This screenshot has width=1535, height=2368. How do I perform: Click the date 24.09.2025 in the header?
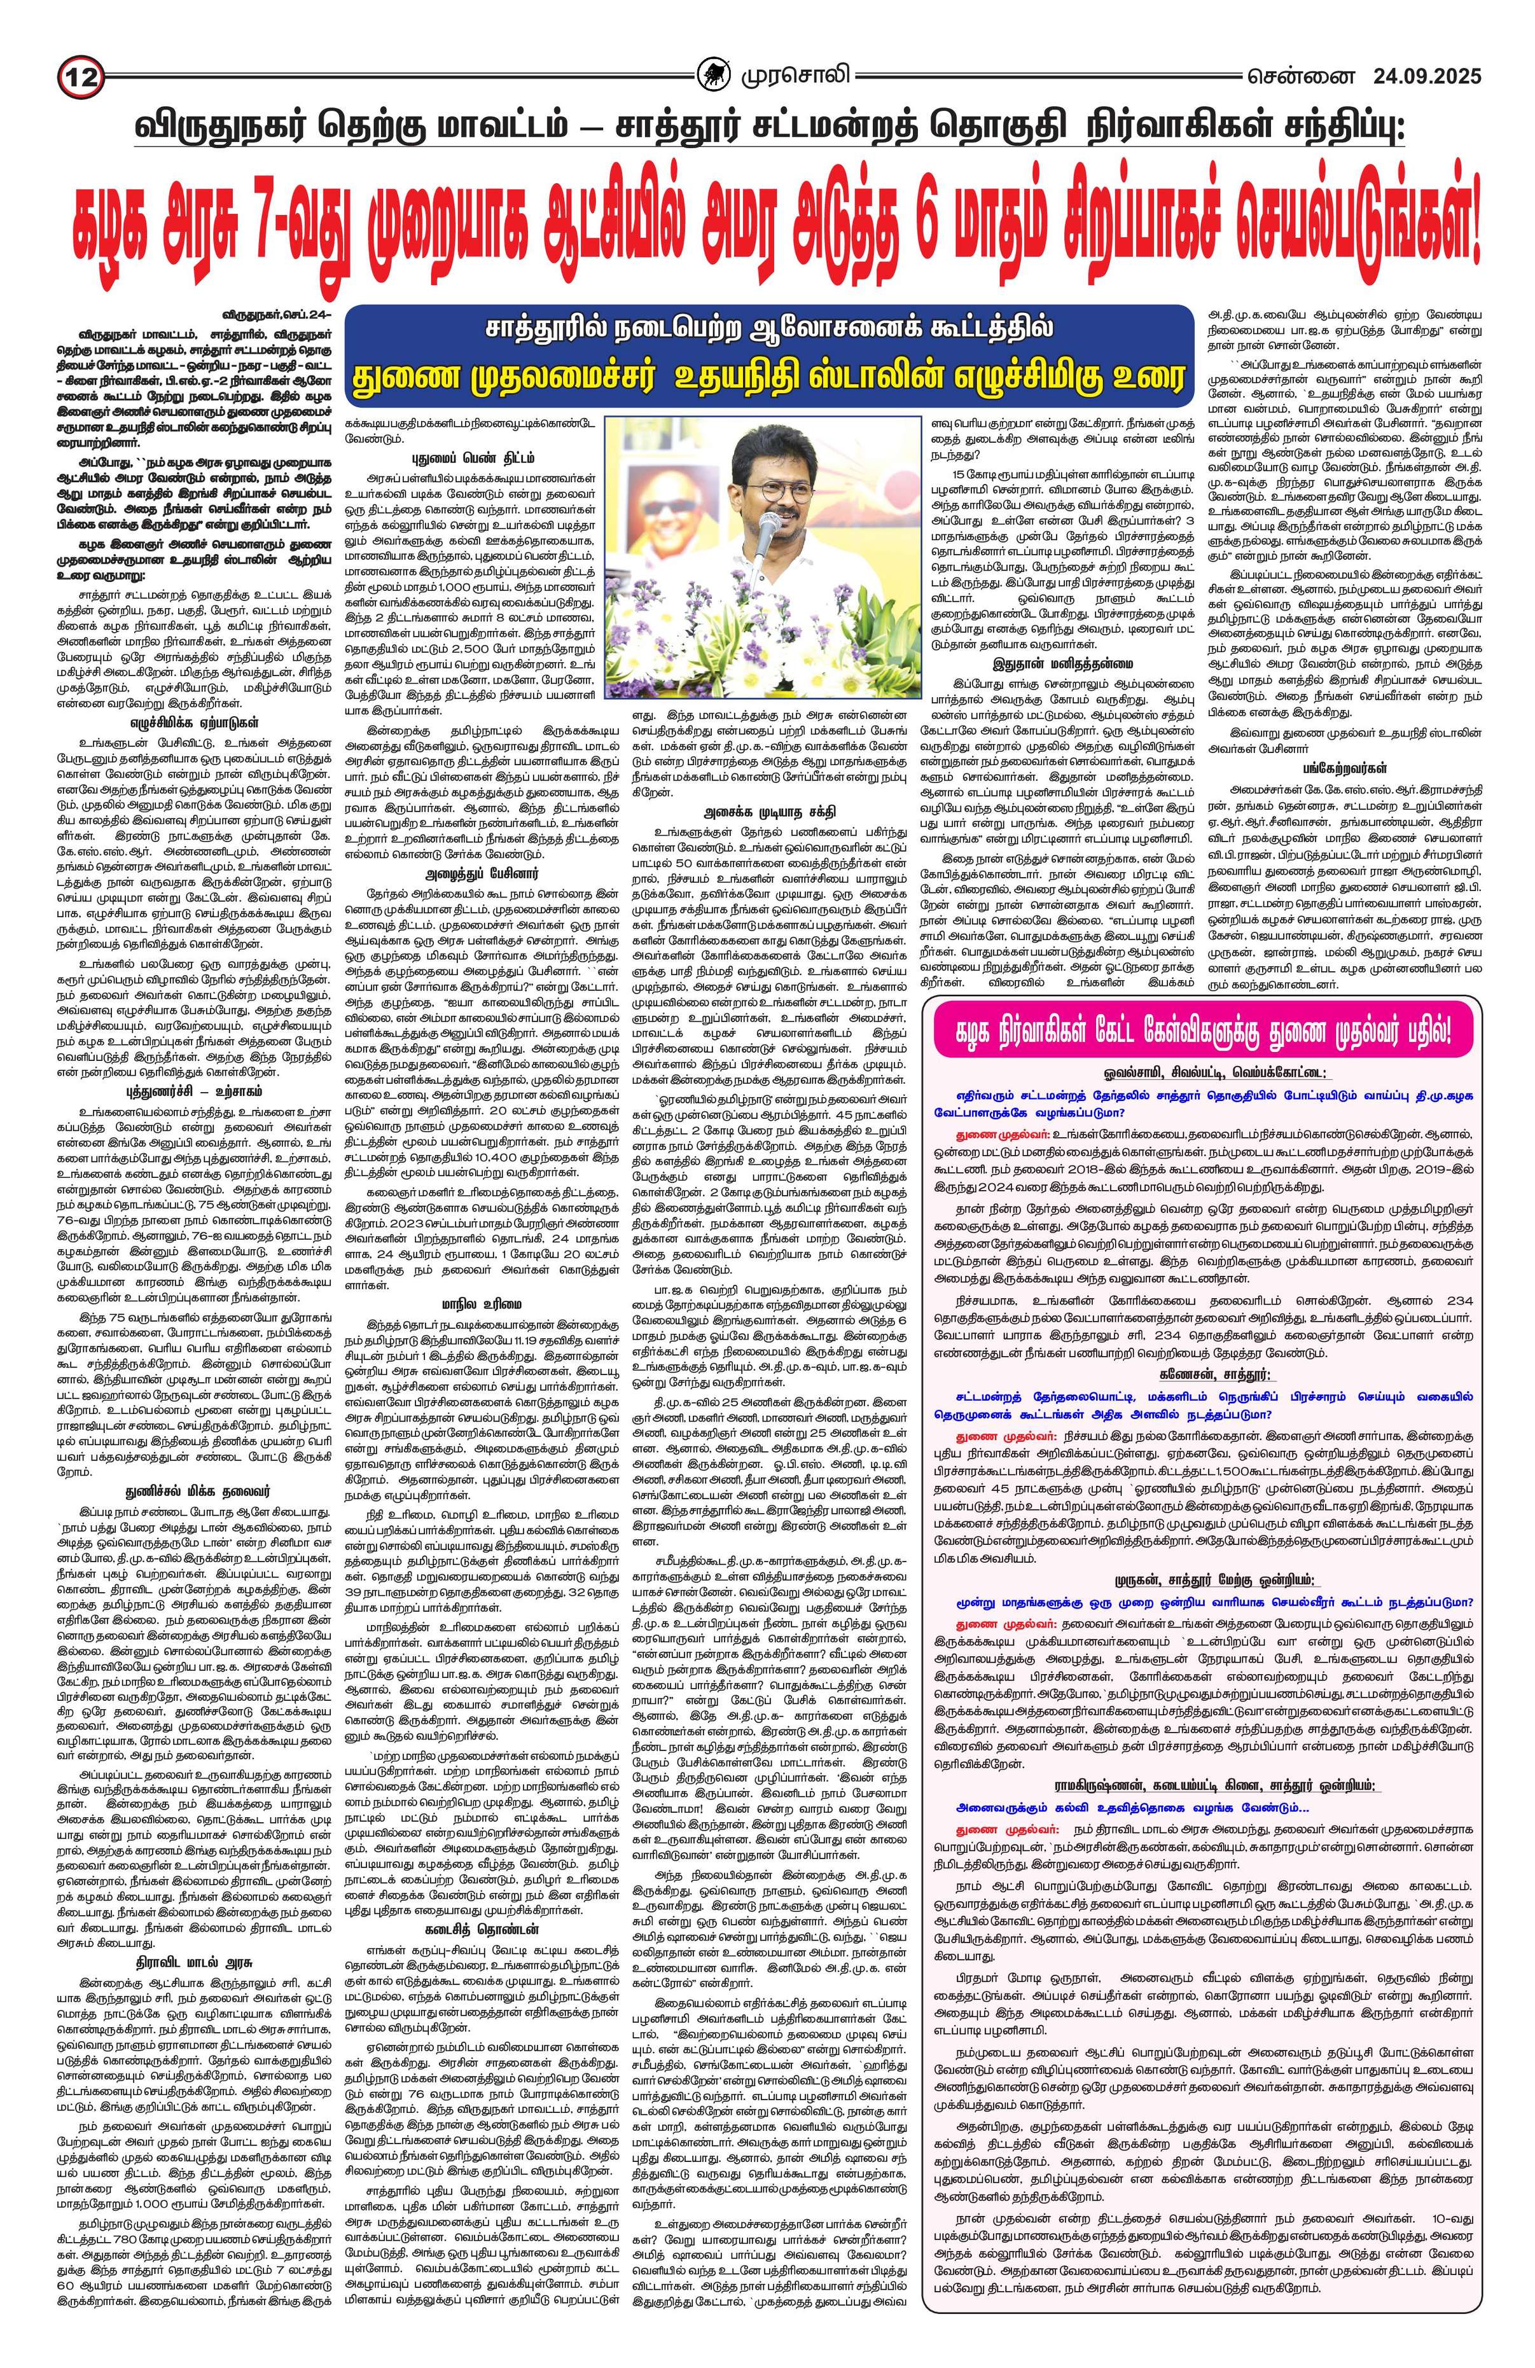(1427, 76)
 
